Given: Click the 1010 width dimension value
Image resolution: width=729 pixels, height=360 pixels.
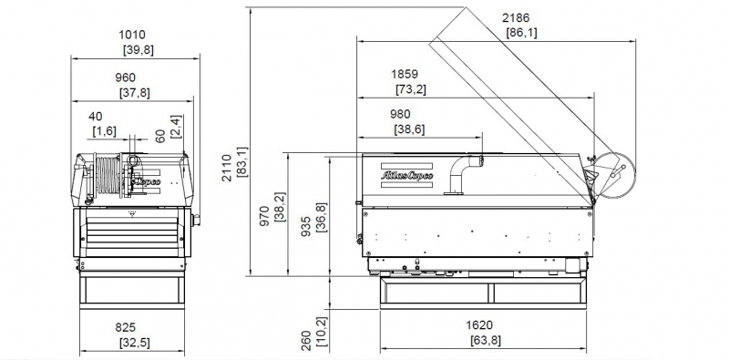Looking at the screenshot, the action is (132, 35).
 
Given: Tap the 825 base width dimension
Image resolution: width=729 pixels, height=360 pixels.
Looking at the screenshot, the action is (126, 328).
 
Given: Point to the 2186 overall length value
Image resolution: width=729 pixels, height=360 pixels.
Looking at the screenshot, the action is (516, 18).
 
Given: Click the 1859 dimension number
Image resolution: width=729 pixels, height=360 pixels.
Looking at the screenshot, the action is (405, 74).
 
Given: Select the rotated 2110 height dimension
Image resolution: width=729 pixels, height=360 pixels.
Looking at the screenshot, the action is (226, 168).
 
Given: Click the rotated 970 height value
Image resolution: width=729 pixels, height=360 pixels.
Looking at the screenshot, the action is (264, 216).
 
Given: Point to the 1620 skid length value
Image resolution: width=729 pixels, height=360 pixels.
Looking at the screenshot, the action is (479, 325).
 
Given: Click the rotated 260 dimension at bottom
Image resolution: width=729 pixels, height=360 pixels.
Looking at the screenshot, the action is (306, 341).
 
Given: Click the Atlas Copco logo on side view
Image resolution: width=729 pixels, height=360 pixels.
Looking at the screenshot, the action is (406, 176).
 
